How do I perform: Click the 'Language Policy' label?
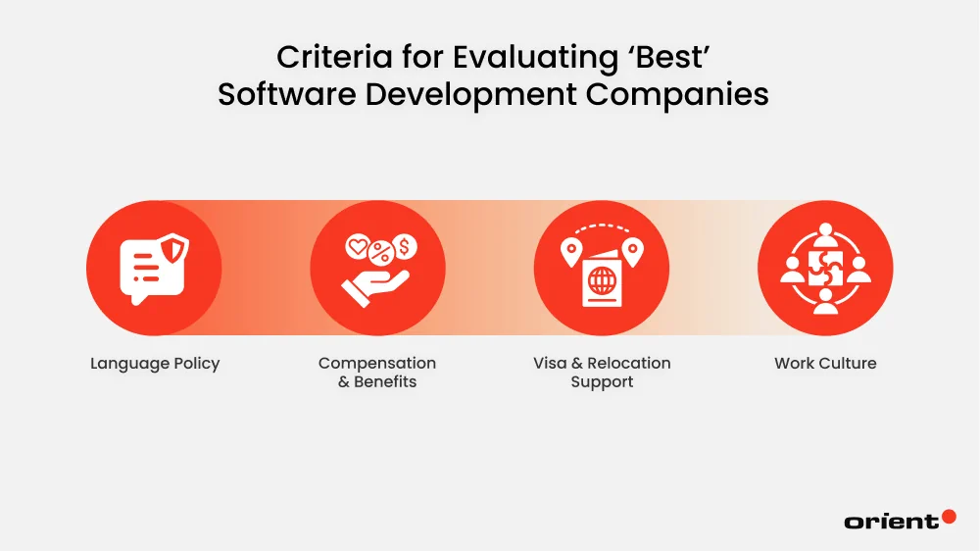[155, 363]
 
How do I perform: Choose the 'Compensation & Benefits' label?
[377, 373]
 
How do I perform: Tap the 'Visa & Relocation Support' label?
[602, 373]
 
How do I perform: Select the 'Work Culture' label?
[825, 363]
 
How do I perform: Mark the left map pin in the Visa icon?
[570, 252]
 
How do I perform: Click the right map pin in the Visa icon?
[632, 252]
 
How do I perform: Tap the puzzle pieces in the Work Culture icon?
[825, 270]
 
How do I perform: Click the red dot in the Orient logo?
[948, 516]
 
